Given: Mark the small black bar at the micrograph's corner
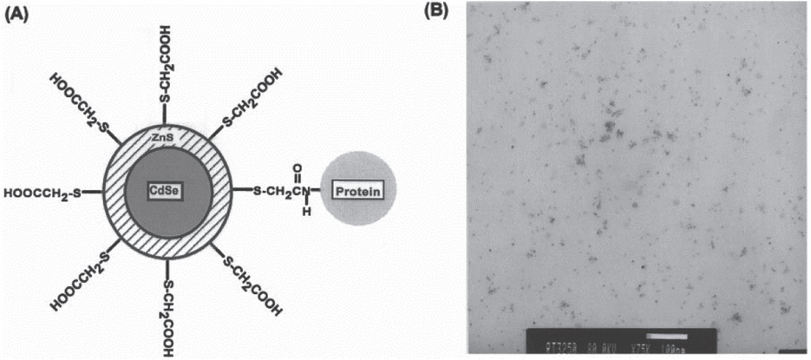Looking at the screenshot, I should click(794, 351).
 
